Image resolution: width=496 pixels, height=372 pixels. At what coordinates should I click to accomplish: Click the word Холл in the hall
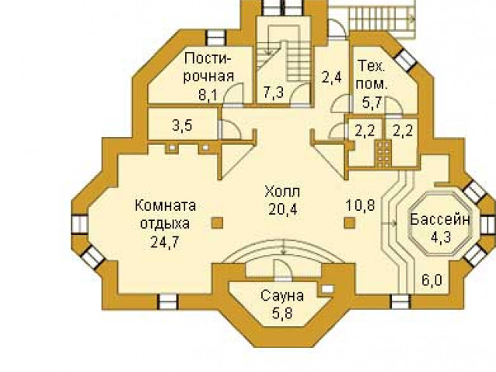click(x=282, y=191)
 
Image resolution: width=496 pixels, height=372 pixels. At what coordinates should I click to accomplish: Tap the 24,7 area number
click(x=165, y=243)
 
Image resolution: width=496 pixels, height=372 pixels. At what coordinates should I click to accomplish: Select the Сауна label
click(x=282, y=296)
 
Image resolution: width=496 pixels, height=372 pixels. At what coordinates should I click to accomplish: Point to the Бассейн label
click(x=439, y=219)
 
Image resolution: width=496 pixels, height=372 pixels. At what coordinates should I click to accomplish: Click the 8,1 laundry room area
click(x=208, y=95)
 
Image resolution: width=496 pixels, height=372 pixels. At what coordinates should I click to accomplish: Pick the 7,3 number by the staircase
click(x=274, y=93)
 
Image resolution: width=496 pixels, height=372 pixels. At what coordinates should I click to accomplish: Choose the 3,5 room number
click(x=182, y=126)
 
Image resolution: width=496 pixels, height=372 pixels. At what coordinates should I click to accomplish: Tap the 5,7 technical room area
click(x=373, y=102)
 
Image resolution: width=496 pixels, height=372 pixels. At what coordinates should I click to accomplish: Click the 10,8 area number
click(x=360, y=205)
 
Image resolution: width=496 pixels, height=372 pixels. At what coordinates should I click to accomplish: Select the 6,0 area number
click(x=432, y=280)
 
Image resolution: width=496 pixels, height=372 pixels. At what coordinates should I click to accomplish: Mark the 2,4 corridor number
click(x=332, y=77)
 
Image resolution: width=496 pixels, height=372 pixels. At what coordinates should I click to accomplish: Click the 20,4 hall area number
click(x=283, y=209)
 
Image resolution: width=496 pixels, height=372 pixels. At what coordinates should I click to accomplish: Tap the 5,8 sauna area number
click(x=282, y=313)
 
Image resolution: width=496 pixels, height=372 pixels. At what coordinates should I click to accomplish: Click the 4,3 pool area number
click(x=440, y=236)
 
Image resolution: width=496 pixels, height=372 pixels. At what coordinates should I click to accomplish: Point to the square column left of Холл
click(x=217, y=222)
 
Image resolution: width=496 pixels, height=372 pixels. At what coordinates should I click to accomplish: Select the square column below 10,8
click(x=350, y=222)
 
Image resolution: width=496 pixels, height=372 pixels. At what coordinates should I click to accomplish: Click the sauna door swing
click(x=281, y=270)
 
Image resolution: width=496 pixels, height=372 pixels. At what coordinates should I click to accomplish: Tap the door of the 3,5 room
click(x=229, y=129)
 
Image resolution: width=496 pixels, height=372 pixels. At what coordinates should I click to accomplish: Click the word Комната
click(x=165, y=206)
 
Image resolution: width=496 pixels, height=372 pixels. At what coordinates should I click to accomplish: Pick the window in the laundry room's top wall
click(x=215, y=38)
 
